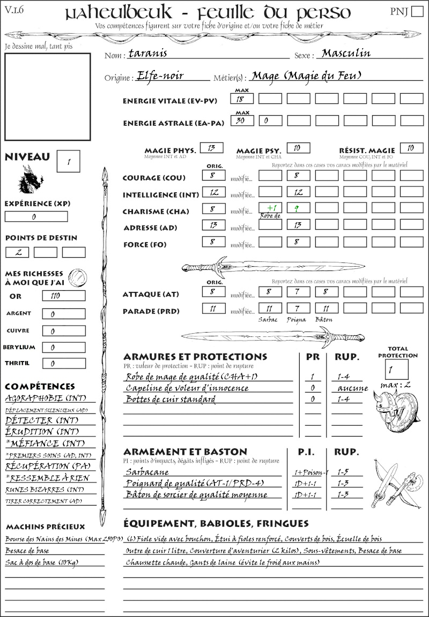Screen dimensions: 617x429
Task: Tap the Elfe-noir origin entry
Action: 160,76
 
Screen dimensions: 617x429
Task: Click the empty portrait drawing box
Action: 47,95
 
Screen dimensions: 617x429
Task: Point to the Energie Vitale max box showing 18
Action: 242,99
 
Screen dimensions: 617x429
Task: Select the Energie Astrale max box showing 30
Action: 242,121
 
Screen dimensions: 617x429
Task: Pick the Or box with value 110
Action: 63,296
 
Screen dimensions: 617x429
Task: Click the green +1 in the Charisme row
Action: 271,208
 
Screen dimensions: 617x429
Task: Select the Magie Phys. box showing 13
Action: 211,148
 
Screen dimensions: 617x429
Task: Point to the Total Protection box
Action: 397,369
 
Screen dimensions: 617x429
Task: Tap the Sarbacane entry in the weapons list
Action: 147,472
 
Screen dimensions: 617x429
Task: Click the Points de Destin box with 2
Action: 17,252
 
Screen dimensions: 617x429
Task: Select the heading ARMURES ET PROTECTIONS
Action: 195,357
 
